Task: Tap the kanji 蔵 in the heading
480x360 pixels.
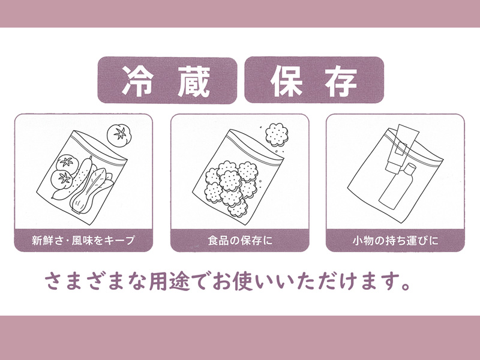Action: tap(194, 82)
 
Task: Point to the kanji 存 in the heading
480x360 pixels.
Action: tap(341, 81)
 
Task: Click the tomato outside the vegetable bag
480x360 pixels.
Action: tap(119, 136)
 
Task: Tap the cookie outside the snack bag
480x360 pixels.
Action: tap(277, 134)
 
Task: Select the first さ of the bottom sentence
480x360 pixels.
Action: tap(54, 281)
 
